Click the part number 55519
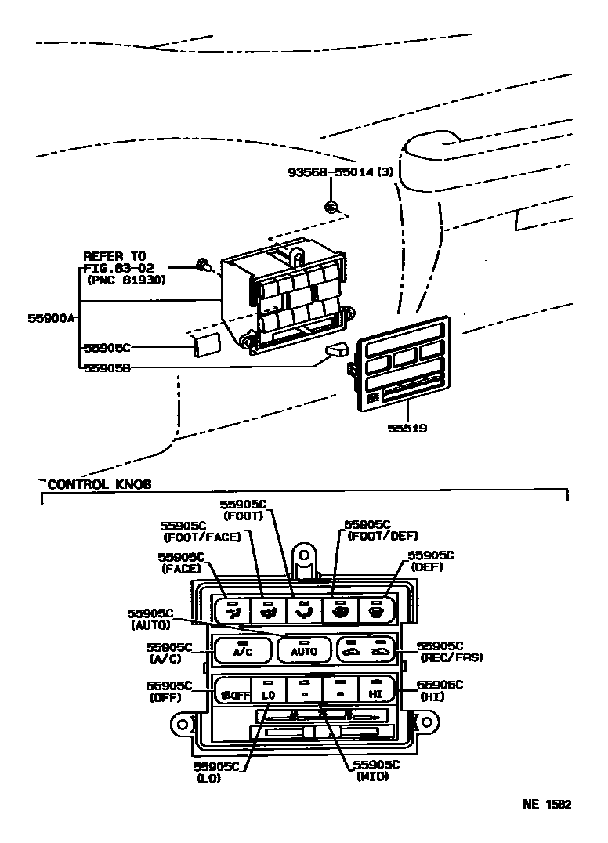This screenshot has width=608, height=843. [x=407, y=429]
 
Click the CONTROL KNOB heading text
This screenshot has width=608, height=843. [x=100, y=484]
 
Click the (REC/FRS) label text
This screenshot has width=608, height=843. [x=451, y=658]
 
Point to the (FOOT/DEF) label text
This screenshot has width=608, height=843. [x=382, y=536]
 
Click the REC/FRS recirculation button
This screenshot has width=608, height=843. [x=365, y=649]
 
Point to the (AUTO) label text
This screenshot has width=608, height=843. [x=150, y=626]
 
